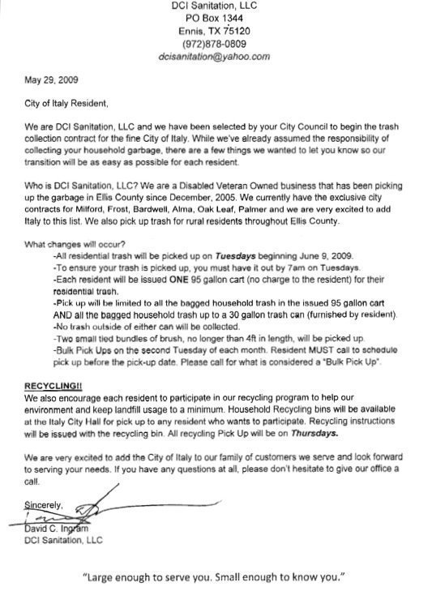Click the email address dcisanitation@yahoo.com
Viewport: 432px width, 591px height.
215,56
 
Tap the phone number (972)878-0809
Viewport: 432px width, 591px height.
215,44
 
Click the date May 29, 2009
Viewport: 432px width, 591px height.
48,81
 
